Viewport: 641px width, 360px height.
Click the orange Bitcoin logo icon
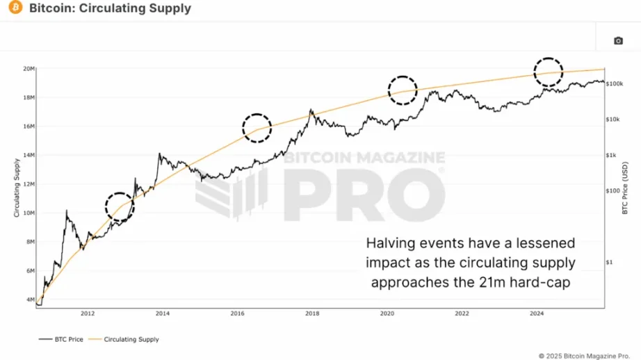click(14, 9)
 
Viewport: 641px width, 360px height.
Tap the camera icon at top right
click(618, 41)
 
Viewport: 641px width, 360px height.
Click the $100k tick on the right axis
click(615, 83)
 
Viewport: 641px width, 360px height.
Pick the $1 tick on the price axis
click(610, 262)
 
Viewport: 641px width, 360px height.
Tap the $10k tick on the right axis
click(613, 120)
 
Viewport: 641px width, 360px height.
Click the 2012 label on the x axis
click(88, 313)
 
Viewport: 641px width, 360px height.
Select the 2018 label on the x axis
click(312, 313)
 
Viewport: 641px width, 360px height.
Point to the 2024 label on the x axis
click(536, 313)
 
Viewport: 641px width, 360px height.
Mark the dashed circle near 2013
click(120, 207)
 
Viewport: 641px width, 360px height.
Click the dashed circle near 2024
click(549, 72)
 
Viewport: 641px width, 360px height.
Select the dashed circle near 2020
click(402, 90)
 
